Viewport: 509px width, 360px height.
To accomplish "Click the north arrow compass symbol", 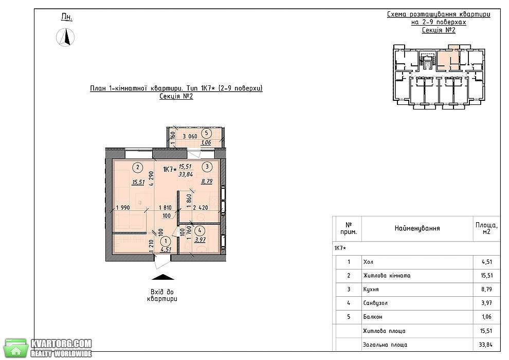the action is pos(65,37).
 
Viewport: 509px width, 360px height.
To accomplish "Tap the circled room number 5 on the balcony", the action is pos(206,133).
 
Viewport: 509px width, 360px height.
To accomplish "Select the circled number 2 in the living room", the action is pos(138,168).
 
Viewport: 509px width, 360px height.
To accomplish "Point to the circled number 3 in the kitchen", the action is pos(207,167).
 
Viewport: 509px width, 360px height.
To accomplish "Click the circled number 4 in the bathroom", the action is pos(199,231).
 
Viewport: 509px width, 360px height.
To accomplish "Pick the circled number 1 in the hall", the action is pos(166,241).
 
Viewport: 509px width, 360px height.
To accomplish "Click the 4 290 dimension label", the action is pos(151,178).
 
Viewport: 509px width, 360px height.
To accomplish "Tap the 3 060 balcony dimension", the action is pos(190,136).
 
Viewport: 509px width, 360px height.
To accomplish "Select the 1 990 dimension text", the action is pos(123,208).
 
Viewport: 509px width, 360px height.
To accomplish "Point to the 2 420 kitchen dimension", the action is pos(201,208).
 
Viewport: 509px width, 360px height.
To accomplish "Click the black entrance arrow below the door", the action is pos(163,277).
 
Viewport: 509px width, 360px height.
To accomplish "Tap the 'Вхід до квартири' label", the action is pos(162,295).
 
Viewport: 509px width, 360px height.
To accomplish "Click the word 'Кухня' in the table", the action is pos(371,289).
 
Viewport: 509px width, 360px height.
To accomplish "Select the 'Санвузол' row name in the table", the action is pos(375,303).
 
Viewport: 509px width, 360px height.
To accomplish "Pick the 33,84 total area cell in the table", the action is pos(486,345).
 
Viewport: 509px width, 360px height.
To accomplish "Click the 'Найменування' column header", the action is pos(417,228).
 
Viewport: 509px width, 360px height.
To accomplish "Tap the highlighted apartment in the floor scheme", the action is pos(448,59).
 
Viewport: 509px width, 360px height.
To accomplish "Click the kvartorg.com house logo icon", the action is pos(16,349).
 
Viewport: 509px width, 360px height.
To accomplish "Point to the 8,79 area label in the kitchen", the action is pos(207,181).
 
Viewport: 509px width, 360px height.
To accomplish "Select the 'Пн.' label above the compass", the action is pos(67,17).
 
